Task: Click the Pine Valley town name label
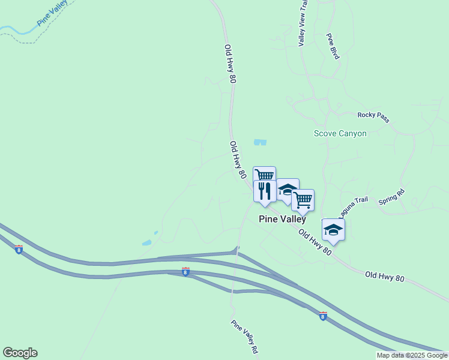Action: [x=282, y=219]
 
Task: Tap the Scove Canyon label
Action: [x=340, y=133]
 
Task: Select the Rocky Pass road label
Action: [x=373, y=117]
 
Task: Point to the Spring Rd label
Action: [x=391, y=198]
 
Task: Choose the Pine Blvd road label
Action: [x=333, y=46]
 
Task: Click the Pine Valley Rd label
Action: [x=244, y=336]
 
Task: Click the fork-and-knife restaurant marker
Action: [x=265, y=191]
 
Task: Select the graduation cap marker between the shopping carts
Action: [x=288, y=190]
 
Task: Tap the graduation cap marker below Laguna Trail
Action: [x=334, y=230]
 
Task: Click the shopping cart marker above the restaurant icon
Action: [x=264, y=175]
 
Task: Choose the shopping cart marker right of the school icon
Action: [x=303, y=200]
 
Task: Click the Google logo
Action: [x=20, y=353]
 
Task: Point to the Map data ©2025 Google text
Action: [x=412, y=356]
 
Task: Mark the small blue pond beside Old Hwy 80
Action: [x=260, y=142]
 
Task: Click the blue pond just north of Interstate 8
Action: [x=146, y=243]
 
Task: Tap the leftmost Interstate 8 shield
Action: [x=19, y=250]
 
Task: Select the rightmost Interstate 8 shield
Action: [x=323, y=316]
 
